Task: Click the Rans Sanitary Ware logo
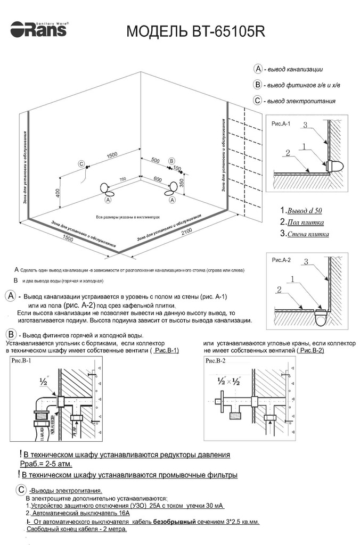coord(38,29)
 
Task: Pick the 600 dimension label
coord(158,179)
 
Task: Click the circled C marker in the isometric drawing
coord(81,164)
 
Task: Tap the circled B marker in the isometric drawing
coord(171,160)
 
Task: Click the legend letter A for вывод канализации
coord(258,69)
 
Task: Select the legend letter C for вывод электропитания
coord(258,101)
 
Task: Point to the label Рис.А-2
coord(281,260)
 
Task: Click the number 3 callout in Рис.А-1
coord(305,125)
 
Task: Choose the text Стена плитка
coord(307,234)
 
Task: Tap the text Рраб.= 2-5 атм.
coord(42,464)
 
